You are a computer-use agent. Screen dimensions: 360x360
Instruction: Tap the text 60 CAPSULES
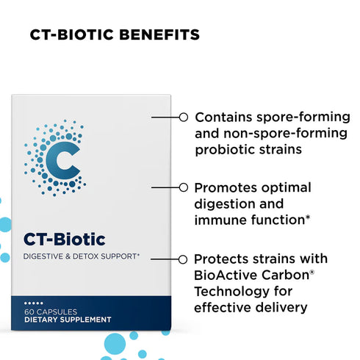48,312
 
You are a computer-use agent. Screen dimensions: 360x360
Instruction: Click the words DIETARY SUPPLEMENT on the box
68,320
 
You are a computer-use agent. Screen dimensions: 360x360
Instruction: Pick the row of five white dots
35,303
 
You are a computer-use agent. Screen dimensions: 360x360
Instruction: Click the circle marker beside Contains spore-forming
182,116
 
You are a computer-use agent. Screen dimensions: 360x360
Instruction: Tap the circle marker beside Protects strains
182,259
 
